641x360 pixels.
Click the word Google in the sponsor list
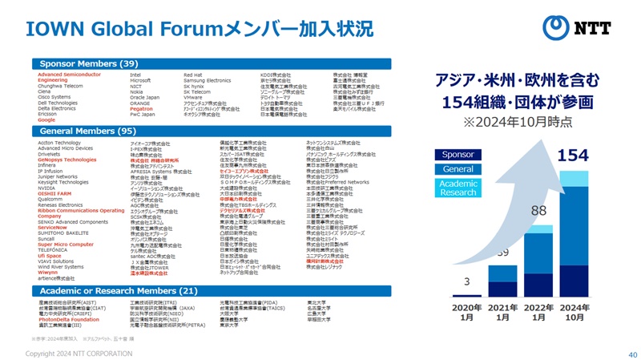[47, 119]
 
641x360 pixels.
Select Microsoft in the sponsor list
[140, 80]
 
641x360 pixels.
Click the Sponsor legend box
[458, 154]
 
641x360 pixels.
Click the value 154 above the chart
[572, 155]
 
